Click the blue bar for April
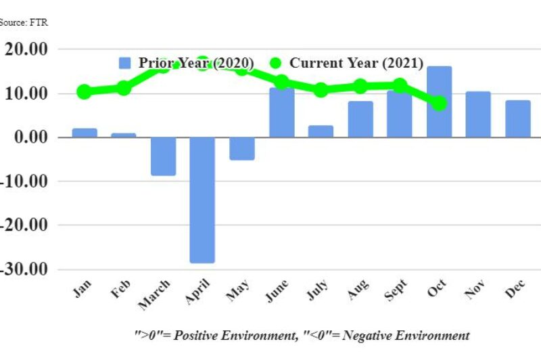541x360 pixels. tap(202, 200)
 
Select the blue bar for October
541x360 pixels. tap(439, 102)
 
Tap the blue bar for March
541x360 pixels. tap(163, 156)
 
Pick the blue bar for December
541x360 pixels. tap(518, 118)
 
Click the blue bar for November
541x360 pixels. tap(478, 114)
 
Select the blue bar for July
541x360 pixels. tap(321, 131)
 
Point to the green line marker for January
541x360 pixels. tap(85, 91)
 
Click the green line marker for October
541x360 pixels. tap(439, 104)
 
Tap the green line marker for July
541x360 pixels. tap(321, 90)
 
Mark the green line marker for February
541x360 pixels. tap(124, 88)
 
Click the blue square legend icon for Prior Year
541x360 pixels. tap(124, 63)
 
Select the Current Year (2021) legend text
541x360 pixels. tap(356, 63)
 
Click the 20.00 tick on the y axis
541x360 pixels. tap(26, 49)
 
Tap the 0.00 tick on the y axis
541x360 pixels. tap(30, 137)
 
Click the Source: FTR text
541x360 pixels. tap(23, 22)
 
